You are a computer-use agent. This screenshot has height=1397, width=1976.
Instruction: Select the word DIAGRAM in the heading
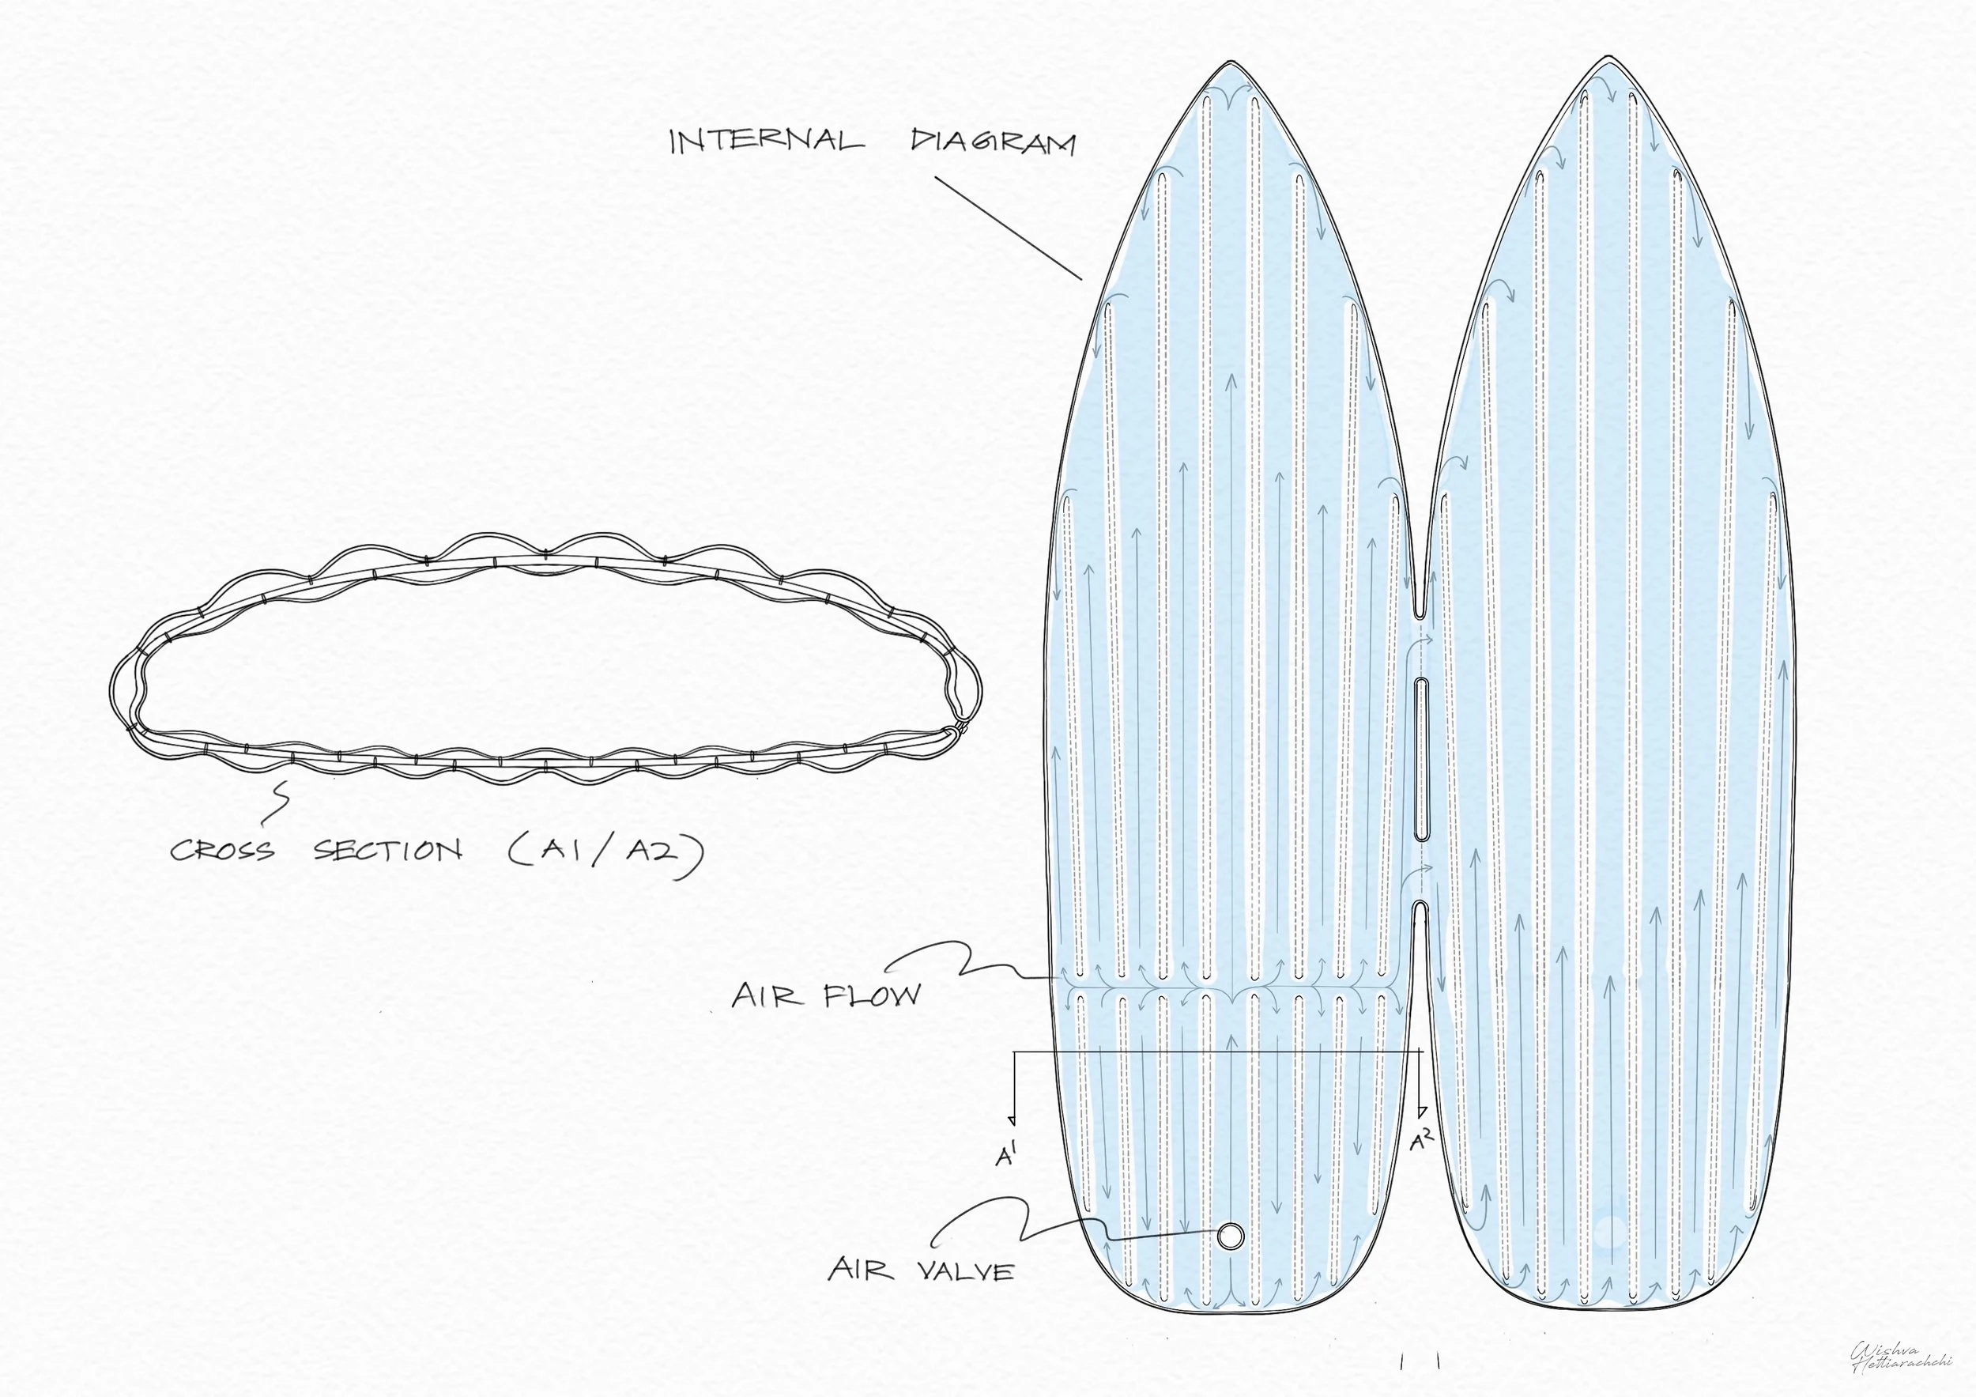pyautogui.click(x=992, y=142)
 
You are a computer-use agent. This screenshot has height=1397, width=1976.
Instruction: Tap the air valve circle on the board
pyautogui.click(x=1230, y=1236)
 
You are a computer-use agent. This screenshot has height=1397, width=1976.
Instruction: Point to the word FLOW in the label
pyautogui.click(x=872, y=996)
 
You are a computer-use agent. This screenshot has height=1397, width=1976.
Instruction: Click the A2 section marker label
pyautogui.click(x=1422, y=1142)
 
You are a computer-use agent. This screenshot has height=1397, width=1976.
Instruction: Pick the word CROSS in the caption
pyautogui.click(x=222, y=851)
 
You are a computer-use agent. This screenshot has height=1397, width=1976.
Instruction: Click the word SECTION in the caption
pyautogui.click(x=387, y=851)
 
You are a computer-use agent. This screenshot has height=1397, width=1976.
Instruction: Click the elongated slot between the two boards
pyautogui.click(x=1421, y=758)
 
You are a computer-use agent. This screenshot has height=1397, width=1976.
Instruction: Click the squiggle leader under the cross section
pyautogui.click(x=281, y=802)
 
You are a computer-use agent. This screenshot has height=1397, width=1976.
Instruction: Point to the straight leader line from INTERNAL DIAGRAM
pyautogui.click(x=1008, y=228)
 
